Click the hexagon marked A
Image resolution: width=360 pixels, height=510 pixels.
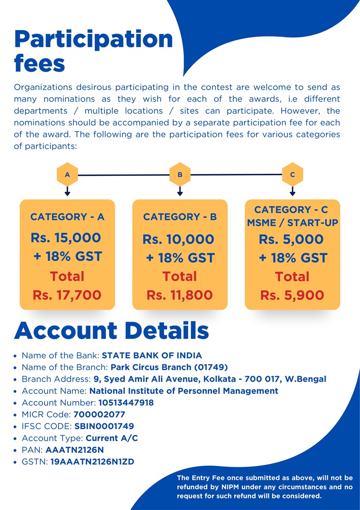click(67, 174)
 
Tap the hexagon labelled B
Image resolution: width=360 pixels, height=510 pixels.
click(180, 174)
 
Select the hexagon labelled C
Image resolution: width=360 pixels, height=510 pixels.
click(292, 174)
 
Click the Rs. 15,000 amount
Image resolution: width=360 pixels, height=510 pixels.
click(66, 238)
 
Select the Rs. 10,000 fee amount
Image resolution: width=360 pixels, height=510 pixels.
click(178, 239)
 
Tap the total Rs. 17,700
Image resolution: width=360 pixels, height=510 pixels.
click(67, 294)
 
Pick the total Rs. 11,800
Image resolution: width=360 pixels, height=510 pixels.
click(180, 294)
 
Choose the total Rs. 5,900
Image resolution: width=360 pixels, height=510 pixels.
click(292, 295)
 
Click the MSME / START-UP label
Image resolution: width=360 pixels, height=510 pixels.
click(292, 222)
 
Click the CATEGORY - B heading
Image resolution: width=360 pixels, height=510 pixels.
click(180, 217)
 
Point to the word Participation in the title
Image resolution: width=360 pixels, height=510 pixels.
click(93, 39)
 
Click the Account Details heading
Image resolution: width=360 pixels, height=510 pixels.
click(112, 330)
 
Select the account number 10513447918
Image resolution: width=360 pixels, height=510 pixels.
click(126, 402)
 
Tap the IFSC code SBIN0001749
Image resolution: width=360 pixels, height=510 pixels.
click(104, 426)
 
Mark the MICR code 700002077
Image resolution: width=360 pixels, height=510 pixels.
click(99, 415)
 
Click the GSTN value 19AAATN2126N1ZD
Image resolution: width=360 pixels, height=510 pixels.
click(92, 462)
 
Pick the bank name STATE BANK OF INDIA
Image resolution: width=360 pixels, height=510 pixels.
click(152, 355)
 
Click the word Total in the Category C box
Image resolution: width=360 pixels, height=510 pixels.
click(292, 277)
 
